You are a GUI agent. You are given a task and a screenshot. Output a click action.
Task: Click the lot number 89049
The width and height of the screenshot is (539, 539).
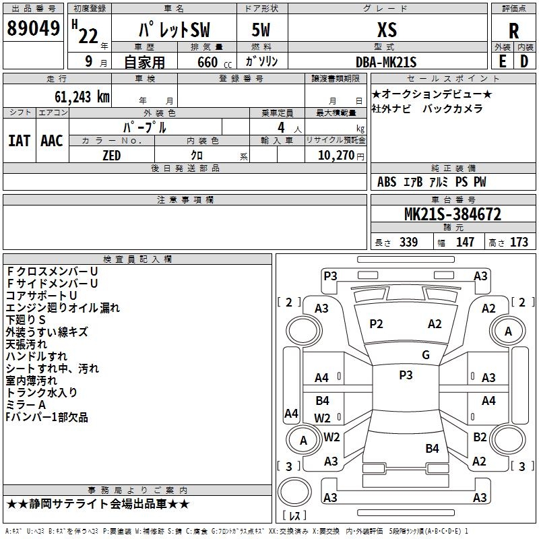click(x=32, y=30)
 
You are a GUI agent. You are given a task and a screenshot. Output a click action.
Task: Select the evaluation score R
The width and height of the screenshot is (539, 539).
click(x=513, y=31)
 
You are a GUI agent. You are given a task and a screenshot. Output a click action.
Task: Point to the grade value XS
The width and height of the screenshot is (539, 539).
click(x=387, y=30)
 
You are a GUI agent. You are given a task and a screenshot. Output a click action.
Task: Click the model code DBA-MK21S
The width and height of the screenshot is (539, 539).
click(x=387, y=62)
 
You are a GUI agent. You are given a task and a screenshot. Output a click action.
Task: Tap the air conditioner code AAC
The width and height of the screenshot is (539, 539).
click(x=51, y=140)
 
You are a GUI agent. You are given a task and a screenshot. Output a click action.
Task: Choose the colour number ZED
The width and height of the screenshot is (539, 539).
click(x=111, y=156)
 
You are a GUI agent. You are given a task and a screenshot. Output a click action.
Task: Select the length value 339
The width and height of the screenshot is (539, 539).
click(x=408, y=243)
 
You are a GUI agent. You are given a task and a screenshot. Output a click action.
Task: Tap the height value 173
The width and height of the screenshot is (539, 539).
click(x=519, y=243)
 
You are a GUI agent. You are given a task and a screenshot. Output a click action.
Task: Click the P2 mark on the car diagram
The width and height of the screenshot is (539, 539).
click(x=376, y=324)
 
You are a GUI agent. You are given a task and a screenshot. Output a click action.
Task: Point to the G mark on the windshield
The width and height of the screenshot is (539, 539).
click(x=426, y=355)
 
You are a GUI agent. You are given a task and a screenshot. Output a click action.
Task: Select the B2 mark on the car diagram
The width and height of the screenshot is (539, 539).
click(x=480, y=437)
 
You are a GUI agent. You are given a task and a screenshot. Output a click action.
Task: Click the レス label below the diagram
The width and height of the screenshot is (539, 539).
click(x=296, y=517)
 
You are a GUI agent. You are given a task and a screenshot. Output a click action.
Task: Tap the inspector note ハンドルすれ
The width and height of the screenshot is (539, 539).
click(x=36, y=356)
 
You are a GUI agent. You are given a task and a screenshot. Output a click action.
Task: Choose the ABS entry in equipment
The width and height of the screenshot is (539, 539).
click(x=387, y=182)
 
